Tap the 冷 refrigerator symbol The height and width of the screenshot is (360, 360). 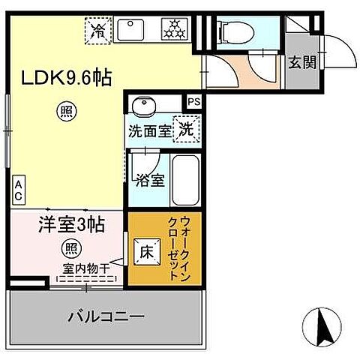(98, 31)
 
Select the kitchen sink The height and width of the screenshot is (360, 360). (135, 30)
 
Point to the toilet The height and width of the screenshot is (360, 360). (233, 31)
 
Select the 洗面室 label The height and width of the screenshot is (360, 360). (148, 130)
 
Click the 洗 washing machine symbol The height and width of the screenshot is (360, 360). (184, 129)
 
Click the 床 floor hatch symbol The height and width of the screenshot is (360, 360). (145, 252)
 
